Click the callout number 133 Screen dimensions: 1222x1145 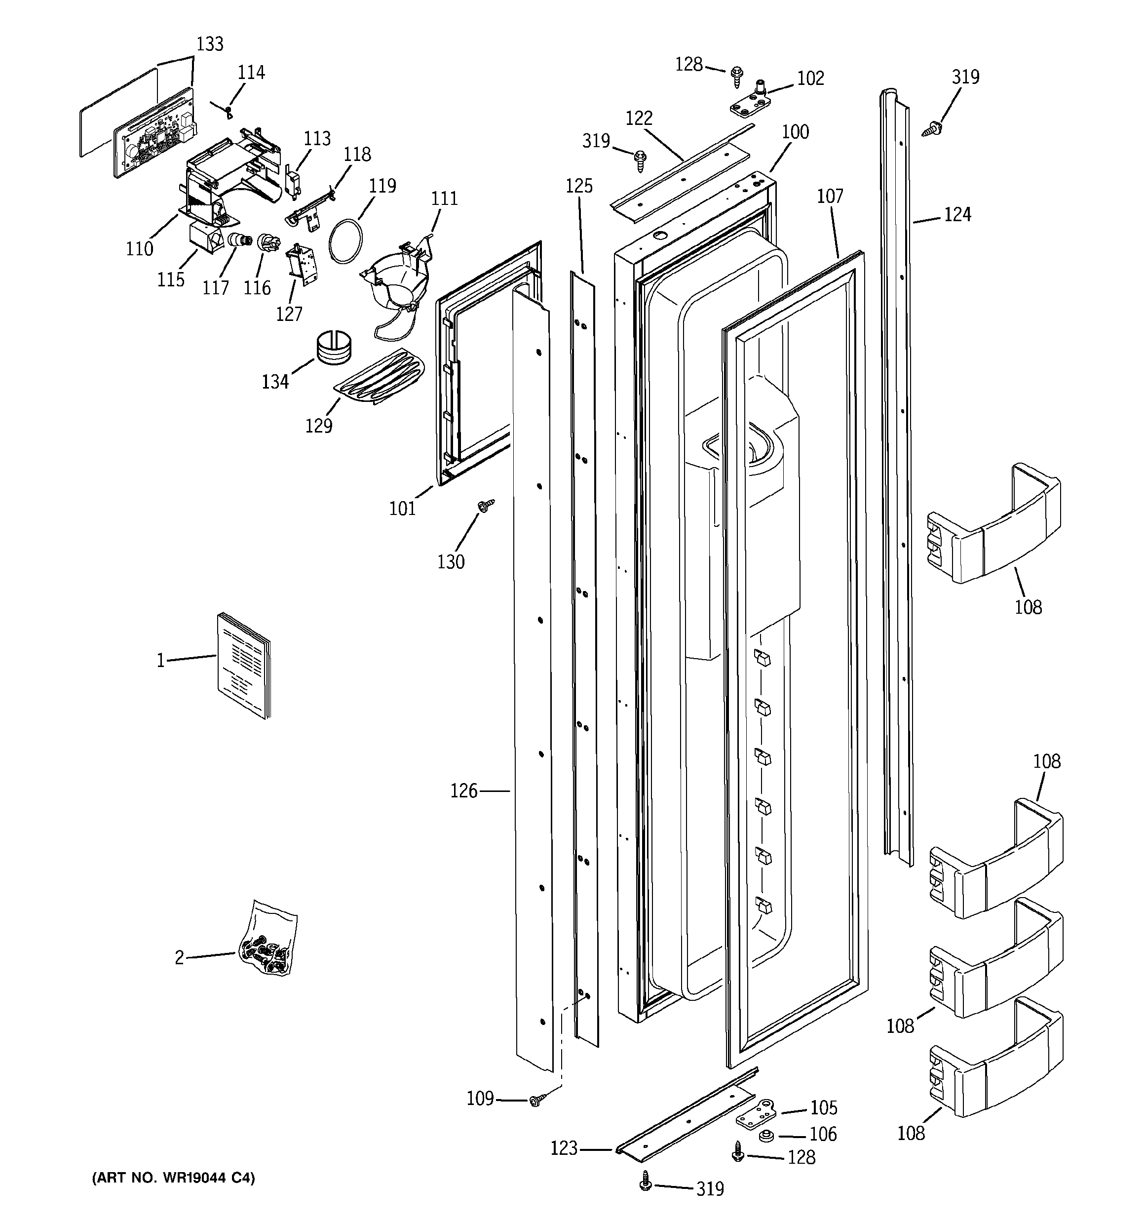point(210,44)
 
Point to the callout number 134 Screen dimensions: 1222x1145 point(275,382)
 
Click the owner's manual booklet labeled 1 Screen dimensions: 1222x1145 point(244,665)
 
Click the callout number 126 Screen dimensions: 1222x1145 point(463,791)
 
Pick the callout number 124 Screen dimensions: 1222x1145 point(957,214)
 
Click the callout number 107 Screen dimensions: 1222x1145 point(830,197)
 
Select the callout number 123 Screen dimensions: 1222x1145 point(564,1147)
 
